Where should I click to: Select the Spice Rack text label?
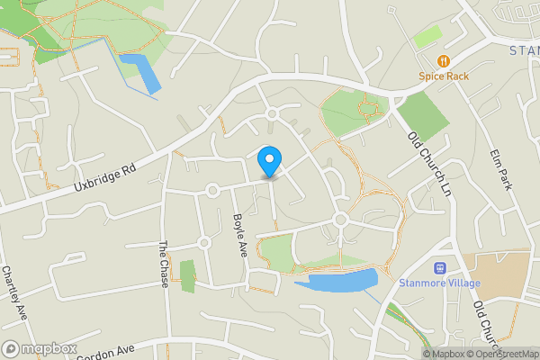point(444,76)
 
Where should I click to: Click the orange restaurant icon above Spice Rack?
point(444,61)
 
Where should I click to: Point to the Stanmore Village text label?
point(440,283)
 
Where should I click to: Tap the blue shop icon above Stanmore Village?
point(440,267)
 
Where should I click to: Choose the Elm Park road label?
point(502,169)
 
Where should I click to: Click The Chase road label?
point(164,265)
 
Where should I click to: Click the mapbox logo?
point(40,348)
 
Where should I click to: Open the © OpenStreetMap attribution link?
point(504,354)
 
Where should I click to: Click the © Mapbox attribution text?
point(445,354)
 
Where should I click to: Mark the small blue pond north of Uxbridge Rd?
point(141,72)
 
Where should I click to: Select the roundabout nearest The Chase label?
point(204,243)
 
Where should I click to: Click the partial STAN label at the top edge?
point(524,50)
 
